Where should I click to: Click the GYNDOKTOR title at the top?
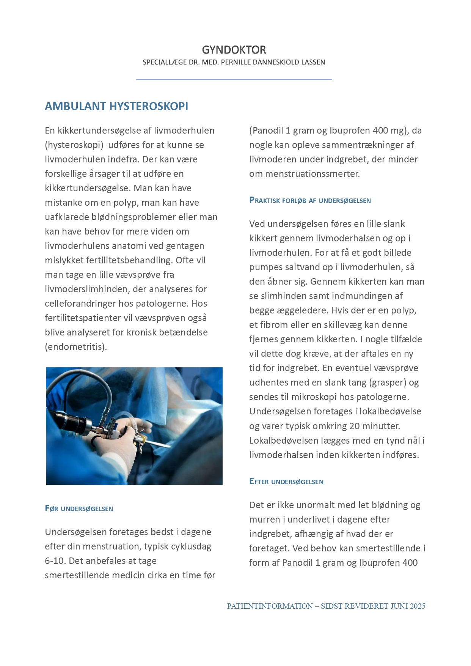[x=234, y=50]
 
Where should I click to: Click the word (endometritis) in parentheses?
[x=76, y=347]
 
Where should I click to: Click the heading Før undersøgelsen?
[x=79, y=509]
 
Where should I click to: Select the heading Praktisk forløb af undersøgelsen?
[x=310, y=200]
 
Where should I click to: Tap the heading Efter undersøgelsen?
[x=286, y=482]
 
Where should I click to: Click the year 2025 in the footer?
[x=417, y=606]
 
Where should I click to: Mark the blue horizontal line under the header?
[x=234, y=79]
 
